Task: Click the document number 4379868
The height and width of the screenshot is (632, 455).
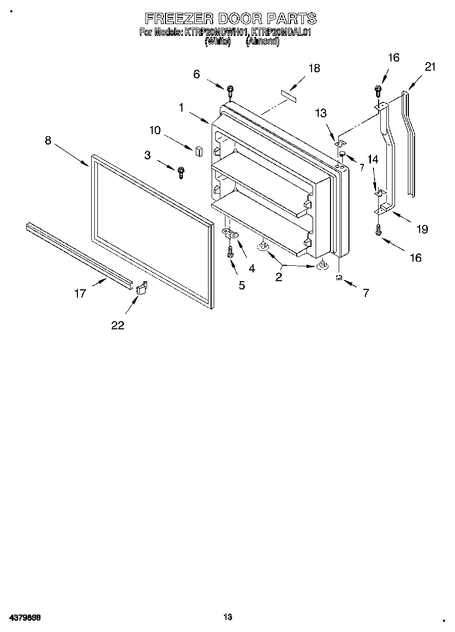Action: click(x=25, y=617)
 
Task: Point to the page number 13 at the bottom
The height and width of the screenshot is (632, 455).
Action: click(x=228, y=617)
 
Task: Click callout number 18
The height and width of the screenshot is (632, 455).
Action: click(x=314, y=68)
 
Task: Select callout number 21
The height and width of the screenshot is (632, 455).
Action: click(x=430, y=66)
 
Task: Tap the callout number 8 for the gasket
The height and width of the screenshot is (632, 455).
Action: click(x=48, y=140)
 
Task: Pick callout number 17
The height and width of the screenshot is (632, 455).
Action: click(x=80, y=294)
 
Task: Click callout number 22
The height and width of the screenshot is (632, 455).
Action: click(x=118, y=325)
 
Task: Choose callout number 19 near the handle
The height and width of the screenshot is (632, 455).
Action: click(x=422, y=229)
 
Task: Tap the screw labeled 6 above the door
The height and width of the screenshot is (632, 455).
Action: click(x=230, y=91)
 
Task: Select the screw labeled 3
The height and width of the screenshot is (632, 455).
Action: click(x=180, y=173)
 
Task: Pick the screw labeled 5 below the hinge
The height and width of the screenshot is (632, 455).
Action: click(x=230, y=251)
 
